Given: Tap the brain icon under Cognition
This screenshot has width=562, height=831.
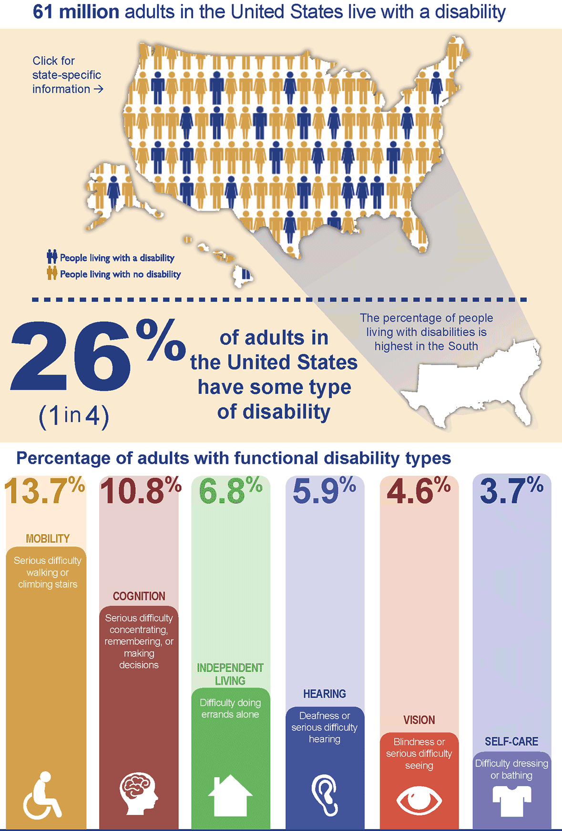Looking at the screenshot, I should (138, 793).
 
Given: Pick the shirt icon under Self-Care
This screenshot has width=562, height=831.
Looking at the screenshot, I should (511, 800).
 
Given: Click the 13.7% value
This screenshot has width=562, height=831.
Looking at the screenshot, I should (44, 491).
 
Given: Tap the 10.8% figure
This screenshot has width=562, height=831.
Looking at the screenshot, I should (140, 491).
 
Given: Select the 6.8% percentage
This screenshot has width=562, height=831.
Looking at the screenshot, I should (230, 491).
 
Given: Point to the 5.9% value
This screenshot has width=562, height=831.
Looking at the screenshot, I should (324, 491).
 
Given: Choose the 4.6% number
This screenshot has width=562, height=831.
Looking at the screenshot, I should (419, 491).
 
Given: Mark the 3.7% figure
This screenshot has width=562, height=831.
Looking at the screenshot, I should (511, 491).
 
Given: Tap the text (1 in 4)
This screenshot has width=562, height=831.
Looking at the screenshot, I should (74, 416).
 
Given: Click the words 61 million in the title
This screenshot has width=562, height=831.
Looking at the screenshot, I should (76, 12).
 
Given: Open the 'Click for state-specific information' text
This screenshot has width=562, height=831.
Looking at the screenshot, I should (67, 75).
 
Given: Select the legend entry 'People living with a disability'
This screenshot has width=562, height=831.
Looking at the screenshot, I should (117, 258).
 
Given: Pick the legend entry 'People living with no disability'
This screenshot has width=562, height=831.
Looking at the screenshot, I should (120, 274).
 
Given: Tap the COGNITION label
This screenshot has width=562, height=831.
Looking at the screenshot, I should (139, 596).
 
